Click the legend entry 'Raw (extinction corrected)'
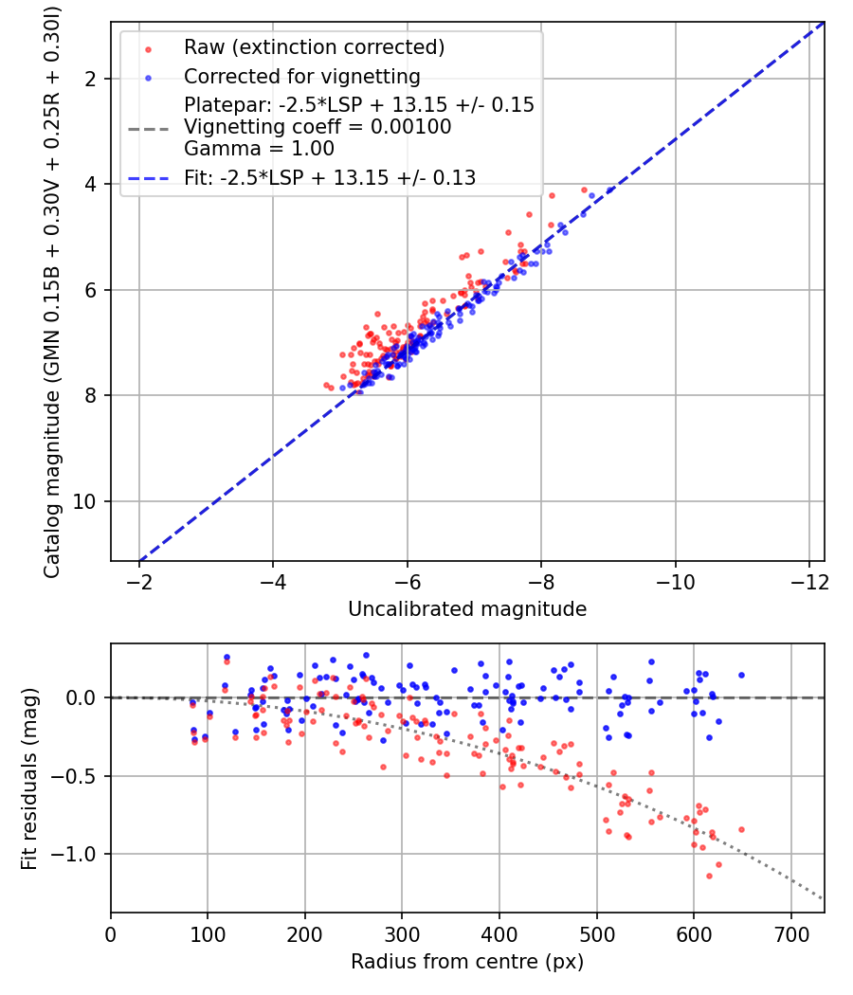(314, 47)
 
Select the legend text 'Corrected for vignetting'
(301, 76)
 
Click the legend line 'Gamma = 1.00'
(247, 148)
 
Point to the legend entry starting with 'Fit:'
(330, 176)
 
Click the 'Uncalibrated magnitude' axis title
(467, 609)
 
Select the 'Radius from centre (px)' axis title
(467, 962)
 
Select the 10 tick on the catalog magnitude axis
(85, 501)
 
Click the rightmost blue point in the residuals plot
(741, 676)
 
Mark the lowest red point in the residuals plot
(709, 876)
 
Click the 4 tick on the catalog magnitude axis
(91, 184)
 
